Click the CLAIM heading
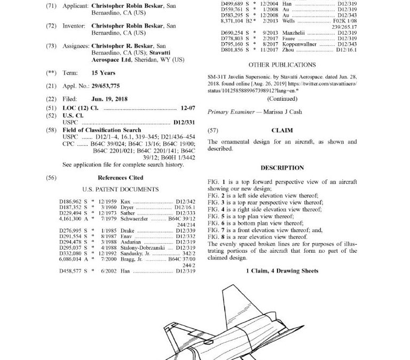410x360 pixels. (x=282, y=130)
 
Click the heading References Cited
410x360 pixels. (x=120, y=178)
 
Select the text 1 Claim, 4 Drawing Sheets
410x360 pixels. (x=282, y=270)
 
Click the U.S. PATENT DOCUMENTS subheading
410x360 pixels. (x=120, y=189)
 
